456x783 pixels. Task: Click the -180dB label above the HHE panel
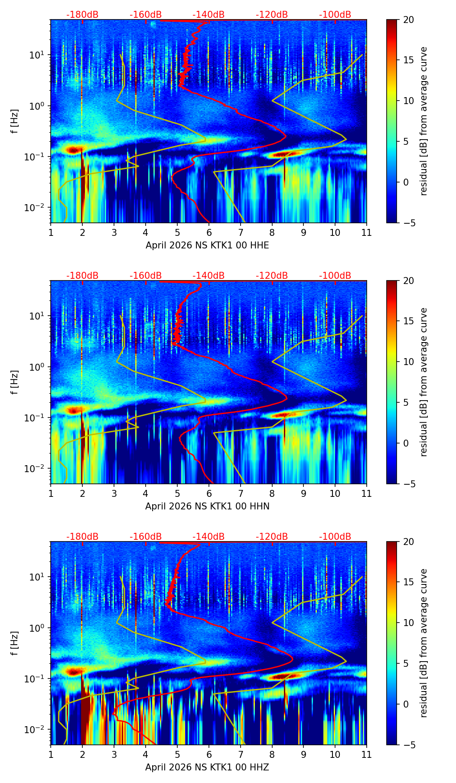82,15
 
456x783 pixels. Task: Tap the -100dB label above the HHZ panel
335,537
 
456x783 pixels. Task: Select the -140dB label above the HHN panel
208,276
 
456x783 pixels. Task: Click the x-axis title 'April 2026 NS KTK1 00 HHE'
207,245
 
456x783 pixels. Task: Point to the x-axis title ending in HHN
207,506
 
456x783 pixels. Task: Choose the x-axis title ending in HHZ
207,767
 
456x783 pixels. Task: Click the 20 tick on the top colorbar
408,20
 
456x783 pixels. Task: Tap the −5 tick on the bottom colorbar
408,745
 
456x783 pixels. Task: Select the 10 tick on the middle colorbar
408,362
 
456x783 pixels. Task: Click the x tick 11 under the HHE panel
367,232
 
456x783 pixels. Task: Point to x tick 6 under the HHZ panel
209,754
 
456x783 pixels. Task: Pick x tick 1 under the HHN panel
51,493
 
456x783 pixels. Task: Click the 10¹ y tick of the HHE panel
39,55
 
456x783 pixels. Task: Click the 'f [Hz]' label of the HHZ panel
15,643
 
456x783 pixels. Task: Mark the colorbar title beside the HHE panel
424,121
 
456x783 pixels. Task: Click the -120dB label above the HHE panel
272,15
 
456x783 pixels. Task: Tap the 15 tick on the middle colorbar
408,321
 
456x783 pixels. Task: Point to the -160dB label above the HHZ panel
146,537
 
